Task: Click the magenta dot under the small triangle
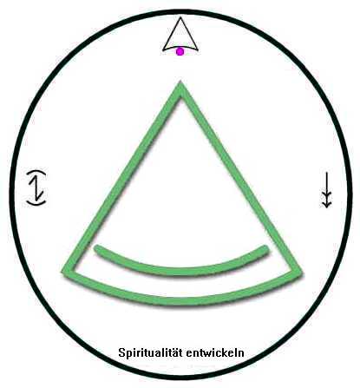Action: coord(180,52)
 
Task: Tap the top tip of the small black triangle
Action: coord(180,17)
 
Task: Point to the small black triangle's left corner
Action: coord(163,49)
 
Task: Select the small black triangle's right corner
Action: coord(198,49)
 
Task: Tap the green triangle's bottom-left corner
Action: coord(63,272)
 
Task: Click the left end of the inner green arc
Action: coord(97,248)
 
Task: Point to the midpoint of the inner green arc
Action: coord(181,271)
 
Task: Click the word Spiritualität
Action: coord(151,353)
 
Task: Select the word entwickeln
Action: coord(215,352)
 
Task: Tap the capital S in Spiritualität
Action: coord(121,353)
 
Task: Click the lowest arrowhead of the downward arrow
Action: coord(326,204)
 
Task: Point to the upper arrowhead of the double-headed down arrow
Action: coord(326,195)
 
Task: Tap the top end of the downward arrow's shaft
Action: coord(326,173)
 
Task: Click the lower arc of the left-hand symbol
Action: coord(36,203)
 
